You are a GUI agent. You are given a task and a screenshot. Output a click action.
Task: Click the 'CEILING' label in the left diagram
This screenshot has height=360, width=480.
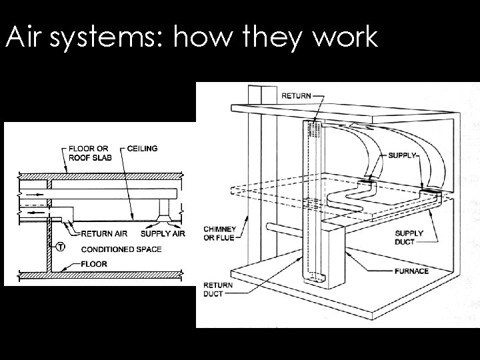point(141,148)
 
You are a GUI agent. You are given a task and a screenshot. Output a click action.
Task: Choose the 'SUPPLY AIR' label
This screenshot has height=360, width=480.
point(163,233)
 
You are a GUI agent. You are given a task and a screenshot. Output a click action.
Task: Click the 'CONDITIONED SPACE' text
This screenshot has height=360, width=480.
point(121,249)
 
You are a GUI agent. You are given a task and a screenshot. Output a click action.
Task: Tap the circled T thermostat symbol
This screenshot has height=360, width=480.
point(61,247)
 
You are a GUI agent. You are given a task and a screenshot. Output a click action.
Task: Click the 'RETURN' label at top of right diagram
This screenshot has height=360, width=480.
point(296,96)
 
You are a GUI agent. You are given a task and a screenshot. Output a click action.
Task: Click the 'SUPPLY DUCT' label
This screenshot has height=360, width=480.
point(409,237)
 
